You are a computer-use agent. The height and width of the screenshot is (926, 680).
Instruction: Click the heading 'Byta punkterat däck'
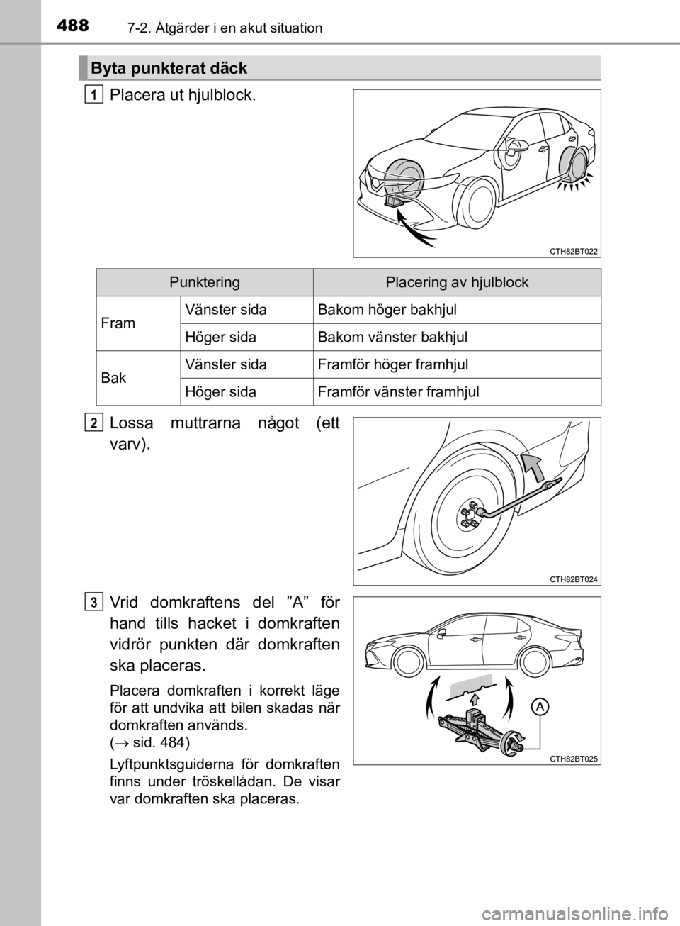tap(168, 69)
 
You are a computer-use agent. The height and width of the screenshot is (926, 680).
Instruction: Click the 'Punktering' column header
tap(205, 282)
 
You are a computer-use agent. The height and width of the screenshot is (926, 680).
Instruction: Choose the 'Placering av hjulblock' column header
tap(457, 282)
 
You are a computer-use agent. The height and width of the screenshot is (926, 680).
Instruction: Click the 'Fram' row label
tap(118, 323)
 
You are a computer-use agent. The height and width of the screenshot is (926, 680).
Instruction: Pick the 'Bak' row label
tap(114, 378)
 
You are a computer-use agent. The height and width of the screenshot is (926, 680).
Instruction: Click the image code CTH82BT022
tap(574, 251)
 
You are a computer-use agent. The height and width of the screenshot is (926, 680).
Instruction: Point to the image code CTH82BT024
tap(574, 579)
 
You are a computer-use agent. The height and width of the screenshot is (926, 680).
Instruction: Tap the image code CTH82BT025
tap(574, 759)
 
